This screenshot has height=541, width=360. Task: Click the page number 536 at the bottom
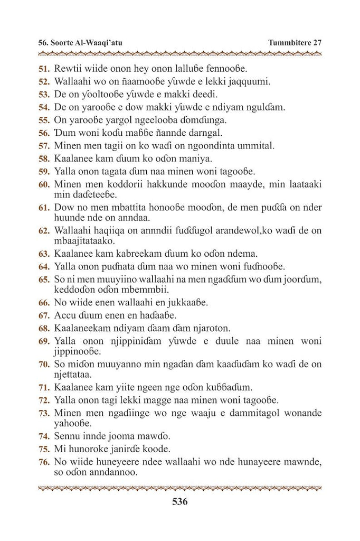pyautogui.click(x=179, y=502)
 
